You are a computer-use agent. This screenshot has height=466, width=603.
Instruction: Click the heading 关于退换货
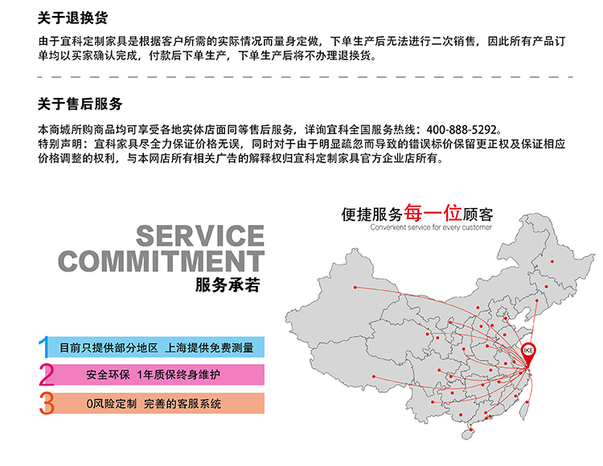tap(72, 18)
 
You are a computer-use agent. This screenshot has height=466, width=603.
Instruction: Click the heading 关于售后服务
tap(80, 104)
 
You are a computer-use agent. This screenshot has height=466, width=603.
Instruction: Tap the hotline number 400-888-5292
tap(461, 129)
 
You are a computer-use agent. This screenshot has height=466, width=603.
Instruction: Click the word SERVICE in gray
tap(200, 236)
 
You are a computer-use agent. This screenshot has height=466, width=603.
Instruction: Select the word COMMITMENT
tap(161, 261)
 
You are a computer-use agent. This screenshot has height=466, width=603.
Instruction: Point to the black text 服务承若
tap(228, 284)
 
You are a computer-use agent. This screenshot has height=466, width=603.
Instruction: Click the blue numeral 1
tap(44, 347)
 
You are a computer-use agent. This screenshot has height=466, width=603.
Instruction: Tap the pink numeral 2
tap(47, 374)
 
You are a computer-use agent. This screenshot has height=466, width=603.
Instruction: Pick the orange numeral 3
tap(47, 403)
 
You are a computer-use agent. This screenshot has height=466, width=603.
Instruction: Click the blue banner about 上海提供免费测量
tap(157, 347)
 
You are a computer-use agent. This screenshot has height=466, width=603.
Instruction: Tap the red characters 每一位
tap(433, 212)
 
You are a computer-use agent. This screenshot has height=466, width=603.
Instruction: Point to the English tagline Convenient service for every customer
tap(431, 227)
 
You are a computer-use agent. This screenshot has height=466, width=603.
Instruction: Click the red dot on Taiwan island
tap(527, 403)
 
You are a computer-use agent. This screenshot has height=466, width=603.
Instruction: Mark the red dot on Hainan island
tap(471, 430)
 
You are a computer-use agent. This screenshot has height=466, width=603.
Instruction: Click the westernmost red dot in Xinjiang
tap(355, 288)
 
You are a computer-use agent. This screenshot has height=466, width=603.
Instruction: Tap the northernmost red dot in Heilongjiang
tap(552, 262)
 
